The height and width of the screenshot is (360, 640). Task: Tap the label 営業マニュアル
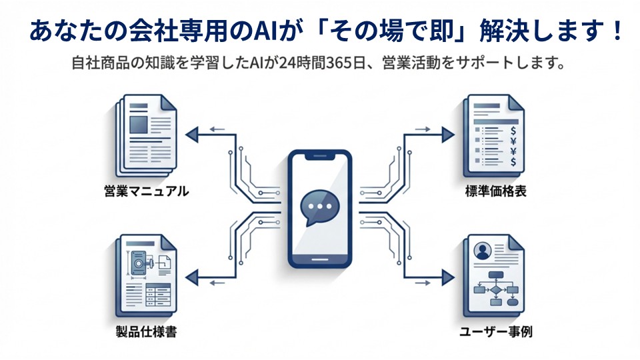pyautogui.click(x=147, y=191)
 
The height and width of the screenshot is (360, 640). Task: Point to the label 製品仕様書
pyautogui.click(x=146, y=331)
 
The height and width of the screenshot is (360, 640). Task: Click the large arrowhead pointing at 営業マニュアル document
pyautogui.click(x=192, y=136)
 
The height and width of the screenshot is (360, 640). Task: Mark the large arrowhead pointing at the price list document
pyautogui.click(x=447, y=136)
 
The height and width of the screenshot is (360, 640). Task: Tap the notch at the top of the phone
pyautogui.click(x=320, y=159)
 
